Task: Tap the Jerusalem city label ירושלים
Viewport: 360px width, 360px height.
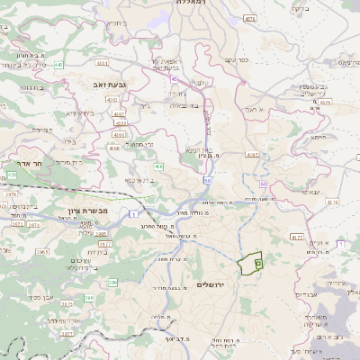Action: [x=214, y=284]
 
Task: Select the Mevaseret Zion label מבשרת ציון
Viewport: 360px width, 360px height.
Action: [x=88, y=210]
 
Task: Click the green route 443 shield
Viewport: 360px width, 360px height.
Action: [x=58, y=65]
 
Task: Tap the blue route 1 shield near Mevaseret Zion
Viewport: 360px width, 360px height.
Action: [x=132, y=213]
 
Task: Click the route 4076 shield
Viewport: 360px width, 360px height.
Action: [x=249, y=18]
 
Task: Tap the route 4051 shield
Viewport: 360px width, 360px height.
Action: [x=103, y=64]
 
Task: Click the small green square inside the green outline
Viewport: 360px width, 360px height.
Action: [x=257, y=263]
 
